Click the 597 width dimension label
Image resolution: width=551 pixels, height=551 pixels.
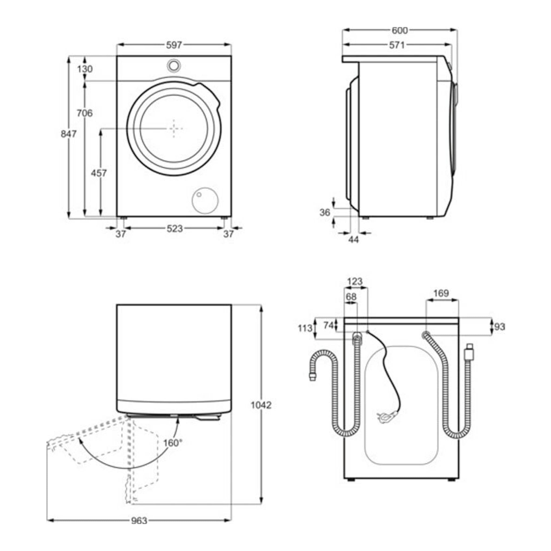[174, 45]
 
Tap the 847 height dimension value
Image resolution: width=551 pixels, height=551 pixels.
[68, 134]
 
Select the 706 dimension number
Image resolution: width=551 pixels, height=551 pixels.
[85, 113]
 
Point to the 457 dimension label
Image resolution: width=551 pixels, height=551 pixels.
[99, 173]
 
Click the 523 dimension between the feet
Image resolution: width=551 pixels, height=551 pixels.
[174, 229]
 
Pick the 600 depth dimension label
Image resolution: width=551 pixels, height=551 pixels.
[399, 30]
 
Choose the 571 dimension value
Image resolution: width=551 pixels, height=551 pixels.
[397, 45]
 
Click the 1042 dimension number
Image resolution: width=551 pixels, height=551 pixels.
[261, 405]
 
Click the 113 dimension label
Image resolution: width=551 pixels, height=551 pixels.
[305, 328]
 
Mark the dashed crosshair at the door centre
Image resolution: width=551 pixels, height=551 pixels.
[174, 129]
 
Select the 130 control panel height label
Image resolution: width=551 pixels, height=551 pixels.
[85, 69]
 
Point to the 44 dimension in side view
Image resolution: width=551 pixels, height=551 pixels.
[354, 240]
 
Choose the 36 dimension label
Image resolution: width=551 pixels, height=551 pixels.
[325, 213]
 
